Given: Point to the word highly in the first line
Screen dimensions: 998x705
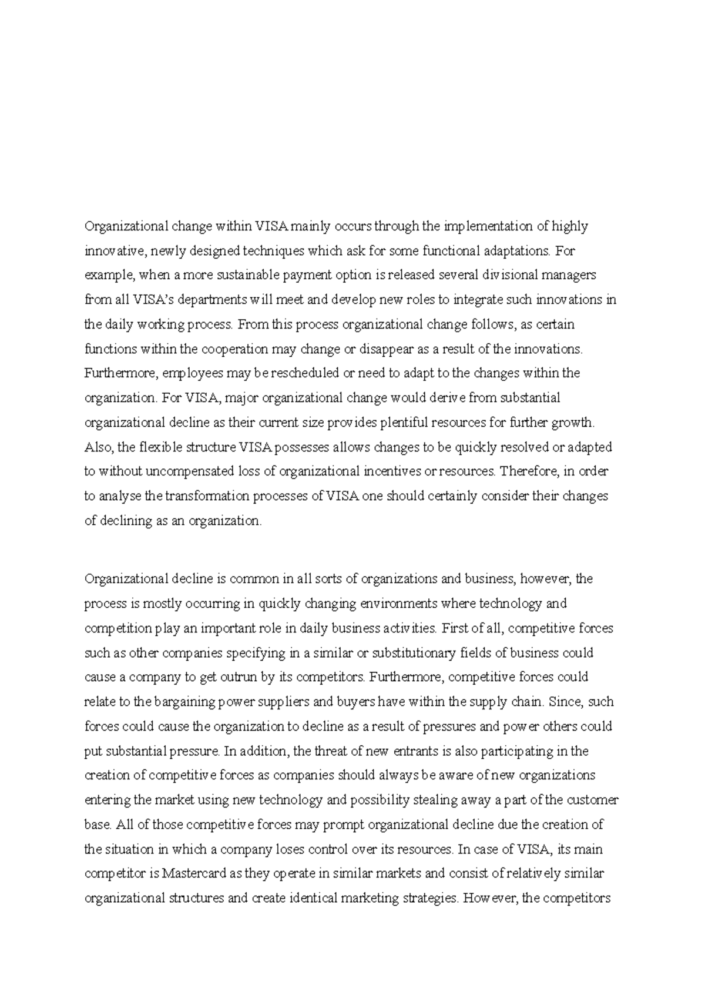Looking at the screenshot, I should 569,226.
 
